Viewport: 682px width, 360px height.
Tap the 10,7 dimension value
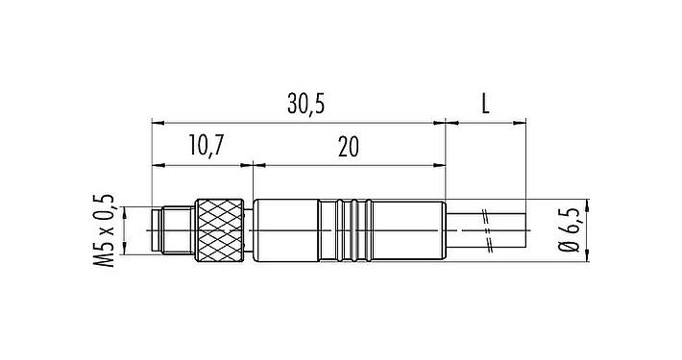[x=206, y=146]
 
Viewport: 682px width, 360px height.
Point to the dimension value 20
[x=349, y=146]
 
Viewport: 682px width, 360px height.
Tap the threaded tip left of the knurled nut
[x=174, y=230]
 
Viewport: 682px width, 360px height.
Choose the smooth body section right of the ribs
[x=408, y=230]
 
